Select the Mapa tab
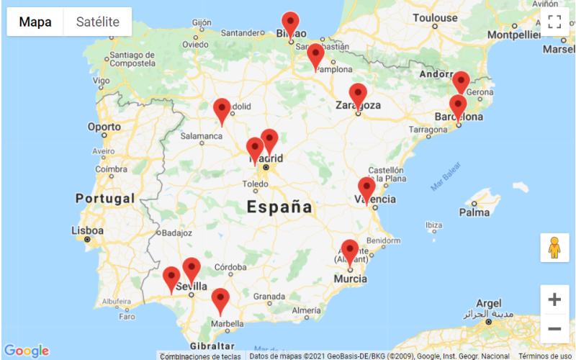[35, 22]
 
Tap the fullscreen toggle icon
[554, 22]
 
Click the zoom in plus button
[554, 300]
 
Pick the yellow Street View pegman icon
[554, 248]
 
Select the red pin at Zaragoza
[358, 96]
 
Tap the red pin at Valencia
[366, 190]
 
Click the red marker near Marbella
[220, 300]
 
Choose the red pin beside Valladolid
[222, 110]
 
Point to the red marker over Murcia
[350, 251]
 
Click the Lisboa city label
[87, 230]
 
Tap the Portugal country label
[105, 198]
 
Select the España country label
[280, 208]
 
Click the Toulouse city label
[435, 17]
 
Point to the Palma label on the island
[474, 212]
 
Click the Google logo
[26, 351]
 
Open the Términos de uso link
[545, 356]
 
